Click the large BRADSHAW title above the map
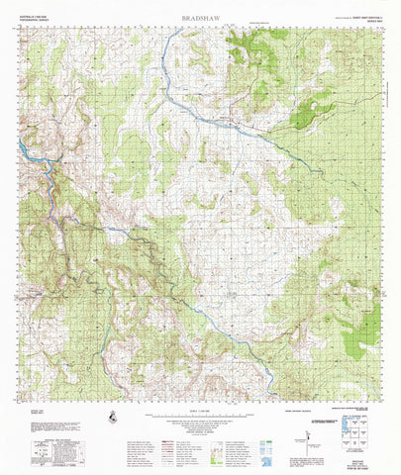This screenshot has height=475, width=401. point(201,17)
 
